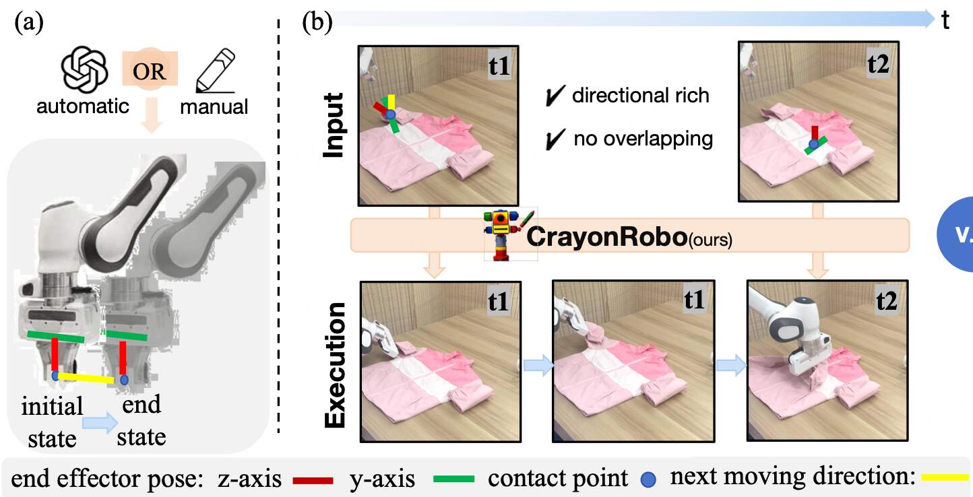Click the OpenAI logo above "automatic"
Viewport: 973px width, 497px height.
pyautogui.click(x=82, y=72)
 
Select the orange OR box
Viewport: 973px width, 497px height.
pyautogui.click(x=149, y=71)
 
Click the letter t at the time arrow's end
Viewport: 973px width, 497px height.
pyautogui.click(x=946, y=22)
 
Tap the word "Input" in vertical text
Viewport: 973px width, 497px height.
pyautogui.click(x=334, y=126)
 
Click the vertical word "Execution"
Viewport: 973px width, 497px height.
pyautogui.click(x=336, y=364)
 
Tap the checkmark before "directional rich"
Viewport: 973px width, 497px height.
pyautogui.click(x=556, y=97)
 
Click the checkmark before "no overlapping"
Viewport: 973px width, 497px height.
pyautogui.click(x=556, y=139)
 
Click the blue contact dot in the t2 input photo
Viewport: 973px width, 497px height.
pyautogui.click(x=814, y=143)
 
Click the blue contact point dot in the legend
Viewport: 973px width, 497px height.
pyautogui.click(x=647, y=479)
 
